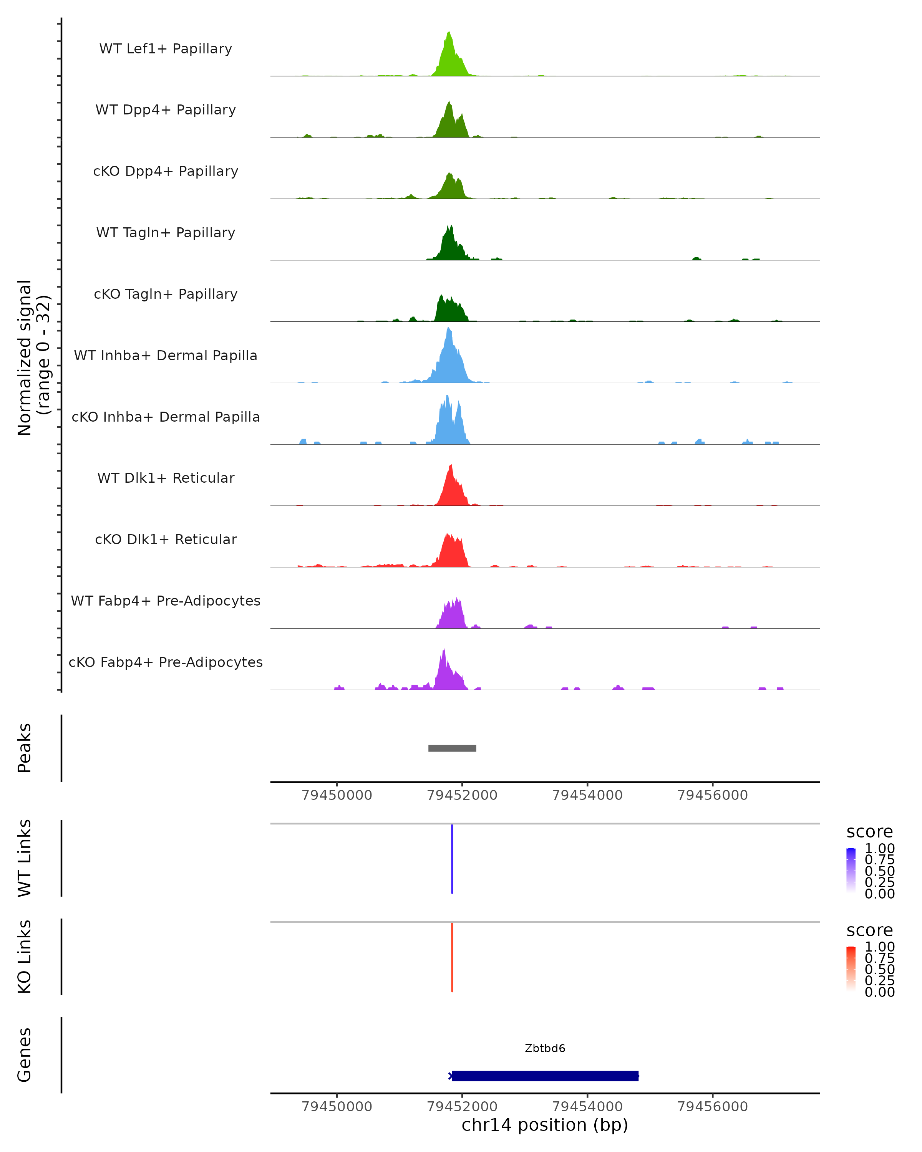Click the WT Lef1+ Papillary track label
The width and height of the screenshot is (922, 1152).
pyautogui.click(x=166, y=49)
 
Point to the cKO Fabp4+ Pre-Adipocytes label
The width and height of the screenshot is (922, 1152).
pyautogui.click(x=166, y=662)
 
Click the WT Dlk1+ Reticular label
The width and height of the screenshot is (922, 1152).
pyautogui.click(x=166, y=478)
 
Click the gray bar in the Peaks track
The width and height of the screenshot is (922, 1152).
pyautogui.click(x=452, y=748)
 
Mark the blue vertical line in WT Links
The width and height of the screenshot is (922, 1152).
pyautogui.click(x=452, y=859)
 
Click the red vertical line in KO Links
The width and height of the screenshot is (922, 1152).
pyautogui.click(x=452, y=957)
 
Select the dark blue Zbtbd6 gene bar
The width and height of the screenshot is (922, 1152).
pyautogui.click(x=545, y=1076)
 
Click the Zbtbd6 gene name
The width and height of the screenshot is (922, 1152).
pyautogui.click(x=545, y=1048)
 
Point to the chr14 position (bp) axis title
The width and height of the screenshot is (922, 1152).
pyautogui.click(x=545, y=1125)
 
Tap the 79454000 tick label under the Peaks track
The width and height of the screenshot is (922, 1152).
pyautogui.click(x=587, y=795)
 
